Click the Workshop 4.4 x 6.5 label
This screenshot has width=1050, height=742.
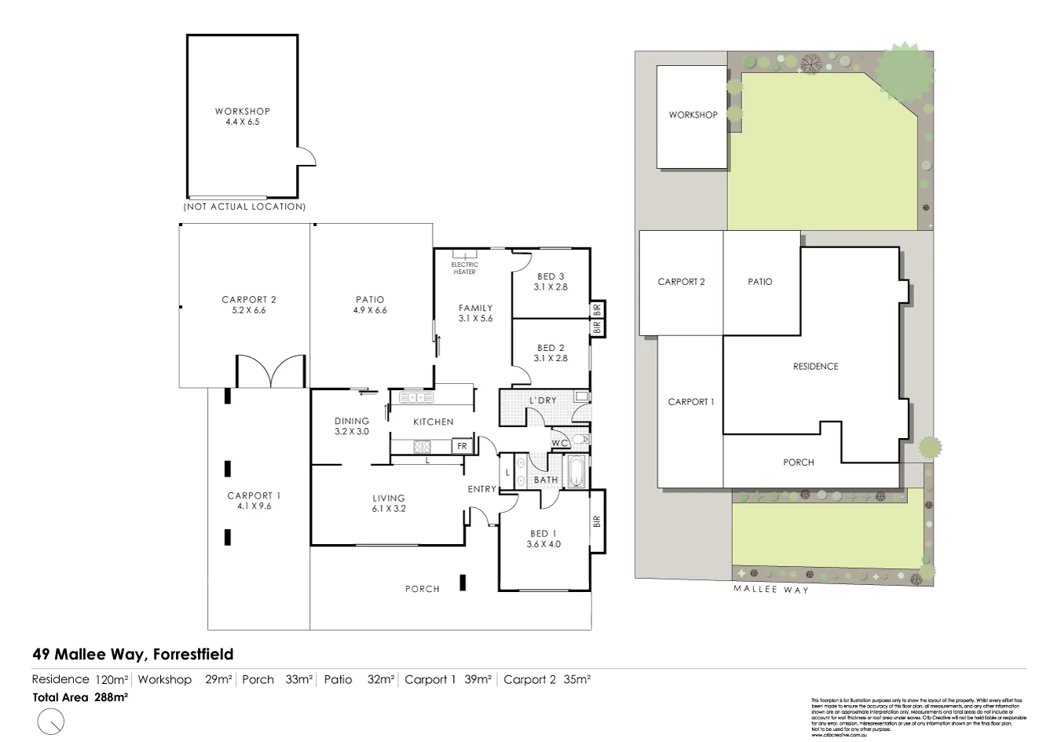[x=242, y=116]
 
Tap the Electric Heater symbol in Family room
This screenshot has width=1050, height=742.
[x=464, y=254]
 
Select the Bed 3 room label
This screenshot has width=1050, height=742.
[x=551, y=281]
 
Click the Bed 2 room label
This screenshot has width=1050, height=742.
[x=551, y=353]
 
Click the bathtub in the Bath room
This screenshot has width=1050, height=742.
[x=576, y=472]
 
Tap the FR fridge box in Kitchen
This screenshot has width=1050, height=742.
[x=463, y=446]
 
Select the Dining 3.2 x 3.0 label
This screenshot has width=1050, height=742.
[x=351, y=426]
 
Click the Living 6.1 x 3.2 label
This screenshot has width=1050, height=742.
[x=388, y=503]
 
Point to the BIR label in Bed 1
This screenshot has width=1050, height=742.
[x=597, y=521]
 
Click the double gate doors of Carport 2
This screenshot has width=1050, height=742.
[x=270, y=372]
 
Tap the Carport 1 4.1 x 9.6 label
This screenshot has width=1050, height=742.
[x=254, y=500]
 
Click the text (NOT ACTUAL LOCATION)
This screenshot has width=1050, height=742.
[x=244, y=207]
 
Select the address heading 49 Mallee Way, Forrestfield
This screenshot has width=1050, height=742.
[x=133, y=654]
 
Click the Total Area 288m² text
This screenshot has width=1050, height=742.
[x=80, y=696]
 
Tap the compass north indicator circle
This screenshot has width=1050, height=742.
[x=50, y=721]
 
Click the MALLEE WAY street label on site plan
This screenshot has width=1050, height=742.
[x=770, y=589]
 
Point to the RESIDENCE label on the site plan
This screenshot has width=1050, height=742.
[x=815, y=366]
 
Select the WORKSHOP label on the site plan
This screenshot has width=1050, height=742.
[x=693, y=115]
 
